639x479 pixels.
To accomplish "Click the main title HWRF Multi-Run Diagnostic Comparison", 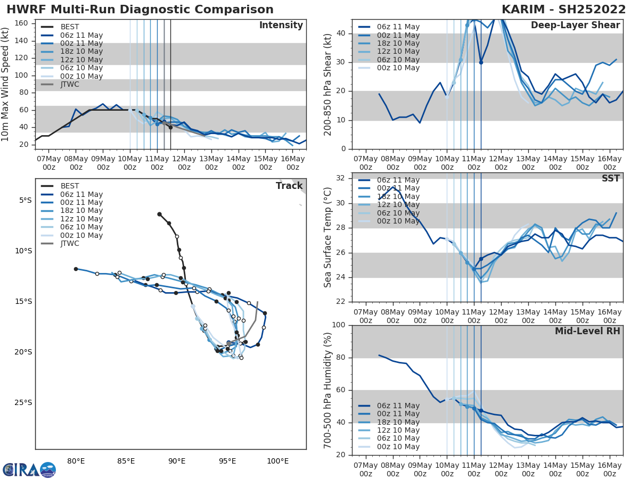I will (140, 10).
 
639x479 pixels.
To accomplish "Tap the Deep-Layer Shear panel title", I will (575, 26).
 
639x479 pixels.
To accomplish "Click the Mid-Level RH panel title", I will (587, 331).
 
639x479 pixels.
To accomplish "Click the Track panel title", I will (289, 186).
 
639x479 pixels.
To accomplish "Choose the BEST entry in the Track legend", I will (70, 186).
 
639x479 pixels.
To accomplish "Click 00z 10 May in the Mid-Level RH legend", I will (398, 447).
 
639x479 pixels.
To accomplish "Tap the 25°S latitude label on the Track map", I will (23, 402).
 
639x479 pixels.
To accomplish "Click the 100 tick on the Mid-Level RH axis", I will (339, 325).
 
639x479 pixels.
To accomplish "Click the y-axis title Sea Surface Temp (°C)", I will (328, 237).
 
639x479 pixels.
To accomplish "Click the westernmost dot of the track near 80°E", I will (76, 269).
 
